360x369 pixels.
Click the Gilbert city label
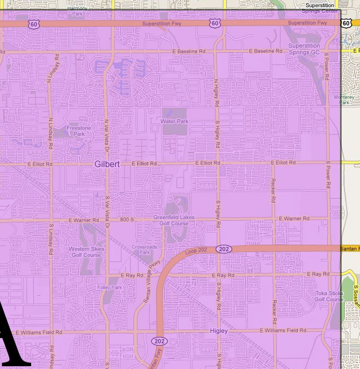point(107,164)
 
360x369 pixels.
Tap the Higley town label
point(219,331)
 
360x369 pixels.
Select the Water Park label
point(174,121)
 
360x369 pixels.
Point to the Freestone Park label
point(79,131)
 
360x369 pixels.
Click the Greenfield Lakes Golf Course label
point(174,220)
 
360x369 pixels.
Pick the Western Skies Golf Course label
point(86,252)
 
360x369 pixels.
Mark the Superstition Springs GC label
point(304,49)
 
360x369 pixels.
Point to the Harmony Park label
point(77,10)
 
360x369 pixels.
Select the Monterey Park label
point(348,99)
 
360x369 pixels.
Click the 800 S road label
point(127,220)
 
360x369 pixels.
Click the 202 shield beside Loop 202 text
point(224,249)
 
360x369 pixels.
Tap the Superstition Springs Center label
point(321,8)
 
